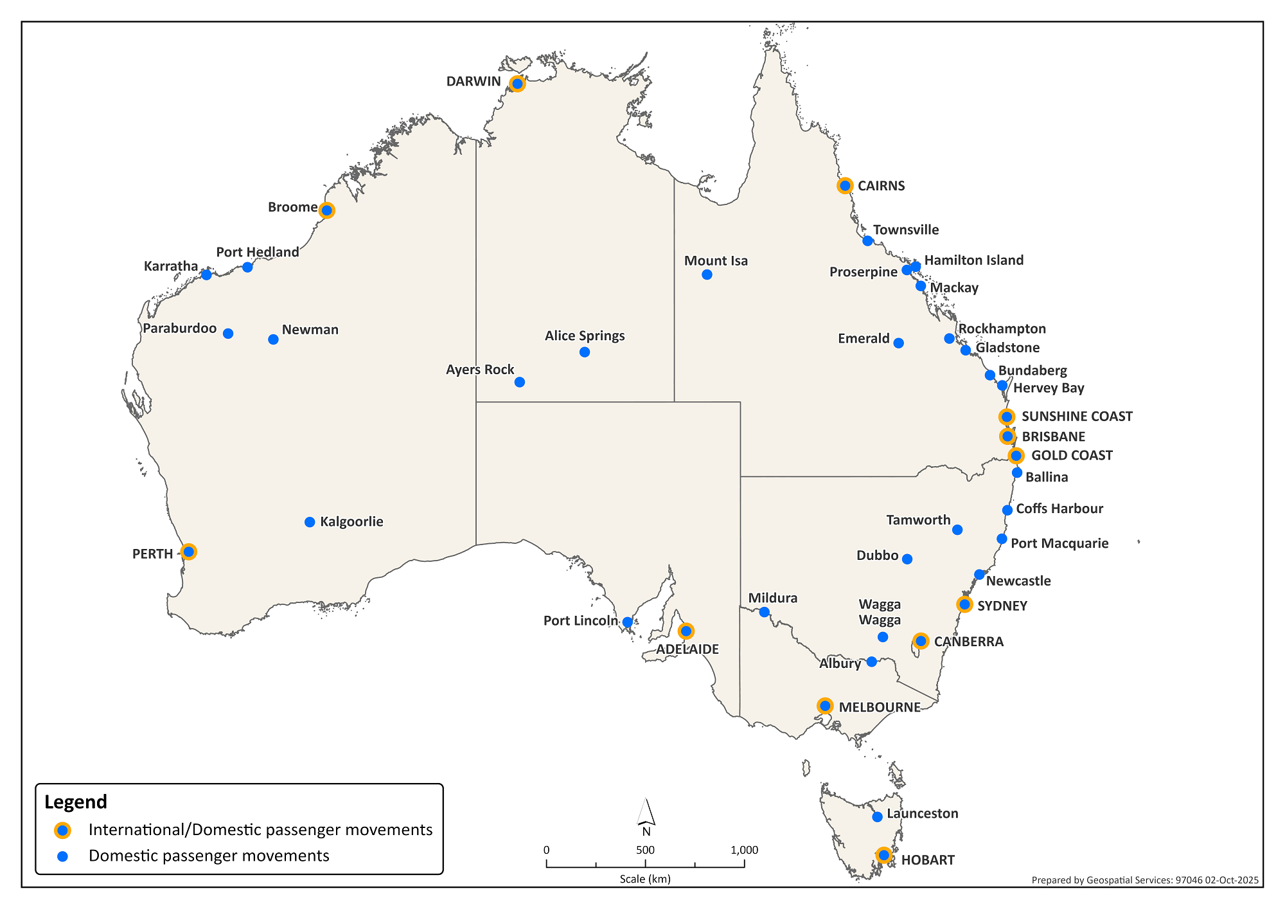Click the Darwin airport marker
[517, 84]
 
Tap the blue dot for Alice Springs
[585, 352]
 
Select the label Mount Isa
[716, 260]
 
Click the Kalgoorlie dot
[310, 522]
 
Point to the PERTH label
[153, 554]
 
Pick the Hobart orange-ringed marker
[884, 855]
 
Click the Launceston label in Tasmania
[922, 813]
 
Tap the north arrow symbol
[646, 813]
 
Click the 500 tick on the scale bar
[645, 850]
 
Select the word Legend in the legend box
[76, 802]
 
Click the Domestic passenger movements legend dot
[62, 856]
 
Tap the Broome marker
[326, 210]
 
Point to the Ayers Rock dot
[520, 382]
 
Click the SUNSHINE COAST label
[1077, 416]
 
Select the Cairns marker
[845, 186]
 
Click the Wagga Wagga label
[880, 612]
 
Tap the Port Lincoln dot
[628, 622]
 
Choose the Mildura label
[773, 598]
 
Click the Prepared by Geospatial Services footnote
[1144, 880]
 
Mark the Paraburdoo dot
[228, 333]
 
